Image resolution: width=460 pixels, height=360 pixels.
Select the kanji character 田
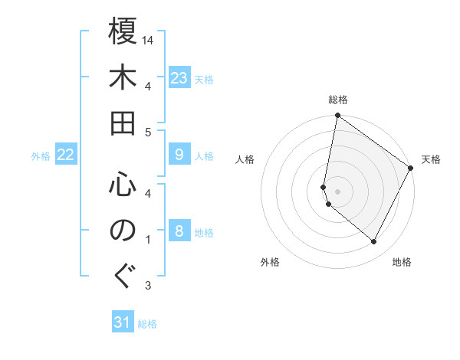coord(123,123)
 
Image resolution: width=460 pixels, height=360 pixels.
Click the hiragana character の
coord(123,231)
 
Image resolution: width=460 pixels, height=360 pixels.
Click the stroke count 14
coord(149,40)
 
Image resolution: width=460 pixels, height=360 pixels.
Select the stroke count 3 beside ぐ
coord(148,286)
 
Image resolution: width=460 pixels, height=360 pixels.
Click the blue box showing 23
coord(179,78)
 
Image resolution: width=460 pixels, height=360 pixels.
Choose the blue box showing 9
coord(179,155)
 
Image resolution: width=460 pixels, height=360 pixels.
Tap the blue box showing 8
coord(179,232)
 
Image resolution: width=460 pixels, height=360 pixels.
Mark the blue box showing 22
coord(66,155)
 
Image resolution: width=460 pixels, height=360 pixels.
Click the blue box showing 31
coord(123,323)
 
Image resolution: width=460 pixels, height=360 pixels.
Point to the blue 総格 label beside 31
coord(147,324)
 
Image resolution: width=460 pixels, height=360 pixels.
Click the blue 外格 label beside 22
coord(41,156)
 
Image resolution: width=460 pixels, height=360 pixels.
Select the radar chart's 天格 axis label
coord(431,159)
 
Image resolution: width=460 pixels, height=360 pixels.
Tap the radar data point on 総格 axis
coord(337,116)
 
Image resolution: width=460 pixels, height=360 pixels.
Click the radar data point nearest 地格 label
coord(374,242)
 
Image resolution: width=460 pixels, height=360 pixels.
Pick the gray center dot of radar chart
coord(337,191)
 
